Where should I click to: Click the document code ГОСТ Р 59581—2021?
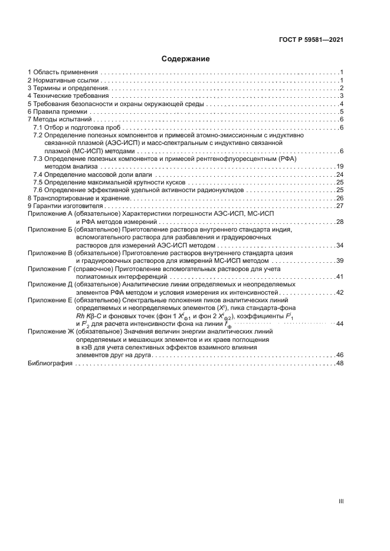click(x=311, y=40)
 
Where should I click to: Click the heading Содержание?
click(x=185, y=59)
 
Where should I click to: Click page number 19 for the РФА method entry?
click(x=339, y=167)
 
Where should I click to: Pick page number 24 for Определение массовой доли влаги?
click(x=339, y=175)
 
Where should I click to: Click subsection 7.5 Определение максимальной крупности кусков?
click(x=110, y=183)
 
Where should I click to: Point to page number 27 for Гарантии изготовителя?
click(x=339, y=206)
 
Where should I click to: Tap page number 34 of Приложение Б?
click(x=339, y=245)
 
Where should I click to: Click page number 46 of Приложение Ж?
click(x=339, y=355)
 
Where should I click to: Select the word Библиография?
click(x=50, y=364)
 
